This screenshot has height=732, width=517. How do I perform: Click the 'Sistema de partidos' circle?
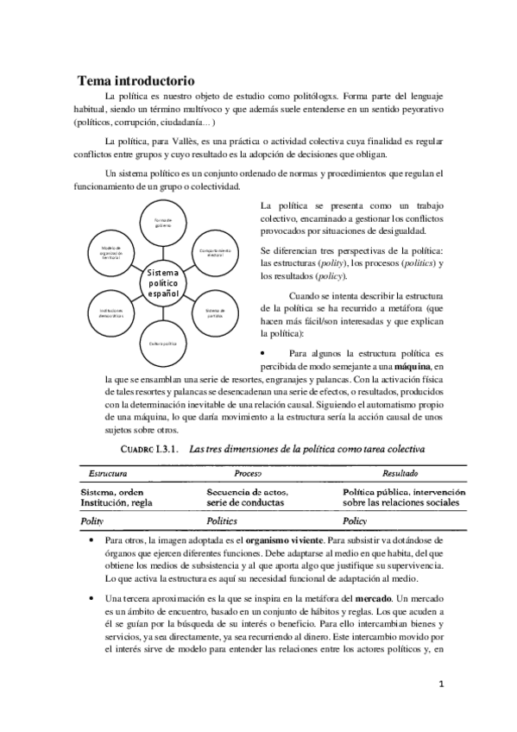[214, 312]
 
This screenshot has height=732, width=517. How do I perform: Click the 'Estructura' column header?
[104, 473]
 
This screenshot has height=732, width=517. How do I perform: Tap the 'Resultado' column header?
[401, 473]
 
